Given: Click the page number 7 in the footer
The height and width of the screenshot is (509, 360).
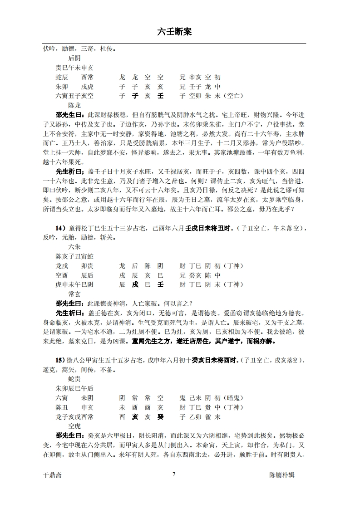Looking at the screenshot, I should coord(174,475).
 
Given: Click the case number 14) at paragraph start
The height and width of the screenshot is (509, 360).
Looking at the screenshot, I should coord(62,228).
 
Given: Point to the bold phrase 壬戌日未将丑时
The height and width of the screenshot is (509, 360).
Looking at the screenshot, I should coord(210,228).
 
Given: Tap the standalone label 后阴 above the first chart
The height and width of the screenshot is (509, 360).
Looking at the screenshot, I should coord(74,58).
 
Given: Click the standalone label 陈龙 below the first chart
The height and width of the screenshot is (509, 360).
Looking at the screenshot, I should coord(74,105).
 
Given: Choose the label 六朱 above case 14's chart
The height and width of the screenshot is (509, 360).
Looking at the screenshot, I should coord(74,247).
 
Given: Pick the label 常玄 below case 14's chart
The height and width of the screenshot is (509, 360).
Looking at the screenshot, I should coord(74,294).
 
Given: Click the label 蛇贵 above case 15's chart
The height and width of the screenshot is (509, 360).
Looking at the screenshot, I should coord(74,379).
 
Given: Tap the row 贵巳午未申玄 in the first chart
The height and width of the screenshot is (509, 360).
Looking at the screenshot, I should coord(74,68).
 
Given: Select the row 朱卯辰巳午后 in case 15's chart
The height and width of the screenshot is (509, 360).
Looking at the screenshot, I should coord(74,388).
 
